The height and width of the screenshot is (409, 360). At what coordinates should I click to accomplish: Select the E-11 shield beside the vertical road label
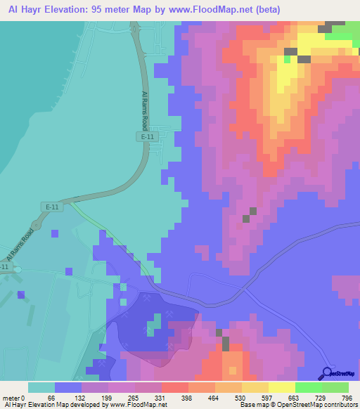(x=146, y=138)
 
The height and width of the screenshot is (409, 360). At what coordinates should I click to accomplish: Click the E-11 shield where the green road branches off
(x=51, y=207)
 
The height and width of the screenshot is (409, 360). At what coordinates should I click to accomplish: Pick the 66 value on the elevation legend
(x=51, y=398)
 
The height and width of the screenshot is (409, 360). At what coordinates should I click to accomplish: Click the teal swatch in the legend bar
(x=41, y=387)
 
